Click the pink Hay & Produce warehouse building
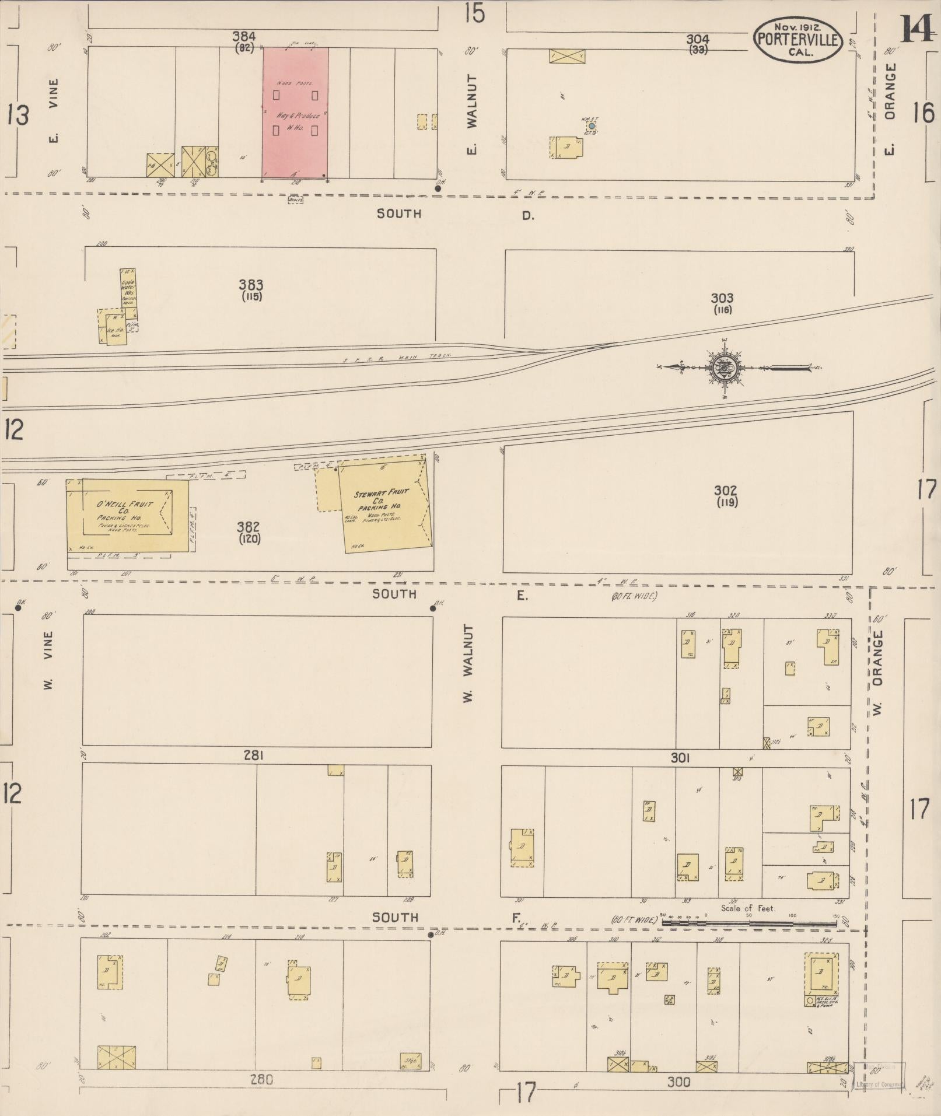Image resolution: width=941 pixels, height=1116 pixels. pos(295,112)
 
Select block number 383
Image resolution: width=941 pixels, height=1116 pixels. pos(251,285)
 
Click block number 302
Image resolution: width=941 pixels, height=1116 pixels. pos(725,491)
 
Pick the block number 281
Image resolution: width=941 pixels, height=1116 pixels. pos(254,755)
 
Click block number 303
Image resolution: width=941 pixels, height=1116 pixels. pos(722,298)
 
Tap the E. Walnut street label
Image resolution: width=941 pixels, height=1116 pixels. pos(472,114)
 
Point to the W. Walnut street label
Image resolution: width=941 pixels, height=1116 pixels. pos(468,662)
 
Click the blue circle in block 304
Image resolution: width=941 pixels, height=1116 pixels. pos(592,125)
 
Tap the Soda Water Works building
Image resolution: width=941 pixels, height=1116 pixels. pos(128,288)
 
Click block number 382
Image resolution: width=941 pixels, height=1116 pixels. pos(249,527)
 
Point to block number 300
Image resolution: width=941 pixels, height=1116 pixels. pos(678,1082)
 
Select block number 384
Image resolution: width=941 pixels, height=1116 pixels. pos(244,37)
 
